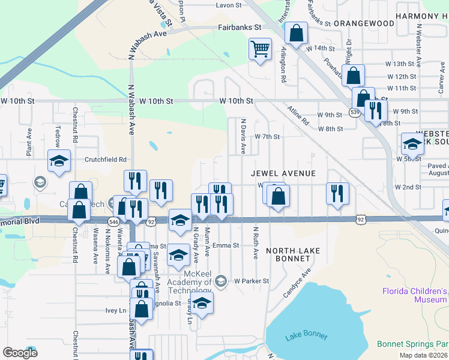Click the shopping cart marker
[260, 49]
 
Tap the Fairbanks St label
[240, 28]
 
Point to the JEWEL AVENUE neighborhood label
[283, 173]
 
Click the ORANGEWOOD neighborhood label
[364, 23]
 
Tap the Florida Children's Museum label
[415, 295]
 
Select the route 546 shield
[113, 221]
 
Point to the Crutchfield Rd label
[106, 160]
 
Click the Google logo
[20, 352]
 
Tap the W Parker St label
[252, 281]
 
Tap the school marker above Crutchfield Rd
[59, 161]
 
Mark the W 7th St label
[267, 137]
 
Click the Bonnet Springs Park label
[412, 344]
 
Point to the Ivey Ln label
[116, 310]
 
